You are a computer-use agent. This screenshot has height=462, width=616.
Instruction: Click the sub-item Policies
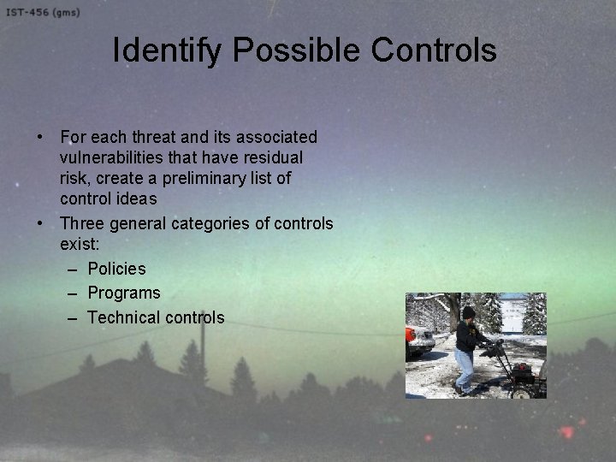(x=116, y=269)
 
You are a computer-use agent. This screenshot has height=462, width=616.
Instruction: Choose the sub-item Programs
(x=123, y=293)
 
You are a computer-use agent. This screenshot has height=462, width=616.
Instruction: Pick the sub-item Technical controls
(x=156, y=317)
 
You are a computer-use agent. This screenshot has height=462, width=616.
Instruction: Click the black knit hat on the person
(x=468, y=312)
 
